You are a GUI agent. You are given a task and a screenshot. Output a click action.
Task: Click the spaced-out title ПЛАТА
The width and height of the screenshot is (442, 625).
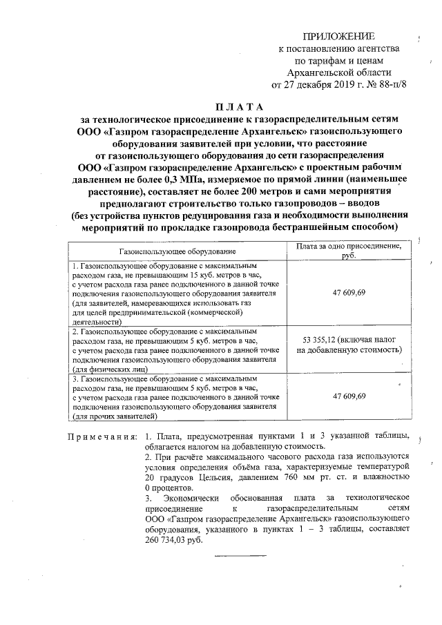(x=239, y=107)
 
